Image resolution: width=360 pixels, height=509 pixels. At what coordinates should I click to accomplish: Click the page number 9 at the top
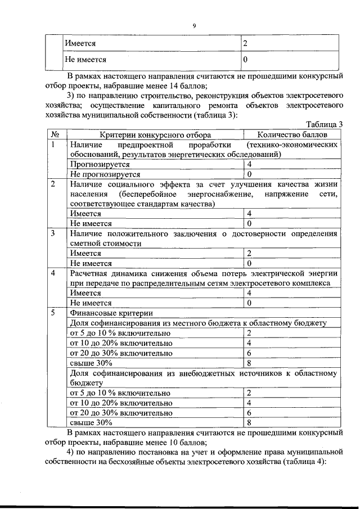[x=193, y=25]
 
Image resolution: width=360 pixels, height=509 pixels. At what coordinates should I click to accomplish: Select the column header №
[x=56, y=134]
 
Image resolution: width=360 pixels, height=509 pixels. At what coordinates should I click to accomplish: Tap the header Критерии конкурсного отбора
[x=156, y=134]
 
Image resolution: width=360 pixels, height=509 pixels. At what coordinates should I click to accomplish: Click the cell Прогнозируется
[x=100, y=164]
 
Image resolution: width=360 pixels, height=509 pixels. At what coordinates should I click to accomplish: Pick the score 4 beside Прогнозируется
[x=249, y=164]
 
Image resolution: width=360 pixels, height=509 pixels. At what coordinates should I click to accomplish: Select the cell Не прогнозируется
[x=105, y=174]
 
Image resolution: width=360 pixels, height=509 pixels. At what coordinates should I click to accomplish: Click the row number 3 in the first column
[x=53, y=233]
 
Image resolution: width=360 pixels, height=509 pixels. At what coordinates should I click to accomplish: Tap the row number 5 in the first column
[x=53, y=313]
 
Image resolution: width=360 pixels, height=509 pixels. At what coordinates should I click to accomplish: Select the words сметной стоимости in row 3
[x=105, y=243]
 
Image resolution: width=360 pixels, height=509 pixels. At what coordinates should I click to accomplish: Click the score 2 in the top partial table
[x=245, y=43]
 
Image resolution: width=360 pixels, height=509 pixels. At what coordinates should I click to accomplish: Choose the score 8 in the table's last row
[x=249, y=422]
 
